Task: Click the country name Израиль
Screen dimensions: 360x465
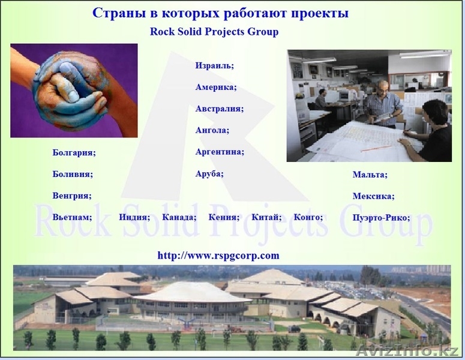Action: click(x=214, y=65)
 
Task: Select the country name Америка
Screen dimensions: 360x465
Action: click(x=216, y=87)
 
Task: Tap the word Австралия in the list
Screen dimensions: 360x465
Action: click(x=219, y=109)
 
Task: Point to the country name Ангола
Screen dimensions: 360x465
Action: click(x=212, y=130)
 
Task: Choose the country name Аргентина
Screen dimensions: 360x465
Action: click(x=220, y=152)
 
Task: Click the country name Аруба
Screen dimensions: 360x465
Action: click(x=209, y=173)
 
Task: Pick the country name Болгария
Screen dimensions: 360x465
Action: click(x=74, y=152)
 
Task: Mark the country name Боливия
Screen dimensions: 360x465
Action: click(x=73, y=174)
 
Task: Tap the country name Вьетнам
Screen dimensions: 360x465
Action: click(x=72, y=217)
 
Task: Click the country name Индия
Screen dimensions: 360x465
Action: click(x=134, y=217)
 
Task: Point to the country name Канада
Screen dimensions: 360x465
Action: click(x=179, y=217)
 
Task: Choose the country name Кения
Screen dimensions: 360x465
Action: click(x=224, y=217)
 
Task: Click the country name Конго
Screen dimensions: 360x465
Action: click(x=308, y=217)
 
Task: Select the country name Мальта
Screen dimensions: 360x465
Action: click(x=370, y=175)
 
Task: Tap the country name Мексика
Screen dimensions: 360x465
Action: click(x=373, y=196)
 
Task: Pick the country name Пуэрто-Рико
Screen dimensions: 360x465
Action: click(x=381, y=218)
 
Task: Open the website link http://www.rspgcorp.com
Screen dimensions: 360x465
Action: click(x=218, y=255)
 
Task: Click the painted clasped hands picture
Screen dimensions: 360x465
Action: click(x=74, y=91)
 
